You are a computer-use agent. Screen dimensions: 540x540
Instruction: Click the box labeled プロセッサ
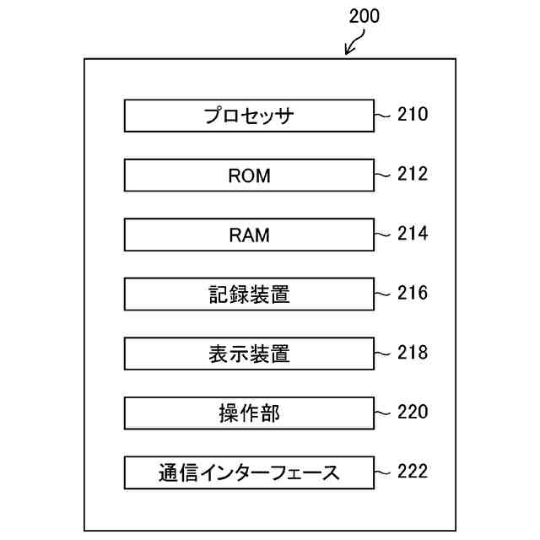[x=249, y=116]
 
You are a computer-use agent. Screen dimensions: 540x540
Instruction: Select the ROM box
[x=249, y=175]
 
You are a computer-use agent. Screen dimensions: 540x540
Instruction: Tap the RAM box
[x=249, y=235]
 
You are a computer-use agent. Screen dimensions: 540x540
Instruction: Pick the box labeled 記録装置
[x=249, y=294]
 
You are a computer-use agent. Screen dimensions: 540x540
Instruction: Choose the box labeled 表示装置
[x=249, y=354]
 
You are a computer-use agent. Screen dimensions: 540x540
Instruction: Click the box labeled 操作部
[x=249, y=413]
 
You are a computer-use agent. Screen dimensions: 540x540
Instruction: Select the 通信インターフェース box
[x=249, y=472]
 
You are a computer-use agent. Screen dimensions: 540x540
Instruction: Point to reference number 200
[x=363, y=15]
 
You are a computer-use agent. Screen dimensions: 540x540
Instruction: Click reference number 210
[x=413, y=115]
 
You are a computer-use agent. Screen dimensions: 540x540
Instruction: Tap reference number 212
[x=413, y=174]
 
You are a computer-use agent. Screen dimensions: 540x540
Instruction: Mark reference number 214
[x=413, y=234]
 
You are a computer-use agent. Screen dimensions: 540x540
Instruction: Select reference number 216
[x=413, y=293]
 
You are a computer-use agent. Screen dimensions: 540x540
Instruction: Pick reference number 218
[x=413, y=353]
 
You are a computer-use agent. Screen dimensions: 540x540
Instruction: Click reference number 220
[x=413, y=412]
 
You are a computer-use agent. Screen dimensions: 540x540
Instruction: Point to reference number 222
[x=413, y=471]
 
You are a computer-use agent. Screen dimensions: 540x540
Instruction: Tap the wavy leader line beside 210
[x=384, y=115]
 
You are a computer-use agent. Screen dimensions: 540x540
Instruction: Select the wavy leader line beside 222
[x=384, y=472]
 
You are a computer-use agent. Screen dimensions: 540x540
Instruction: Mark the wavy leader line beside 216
[x=384, y=294]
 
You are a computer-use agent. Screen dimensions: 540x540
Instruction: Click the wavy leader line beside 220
[x=384, y=413]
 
